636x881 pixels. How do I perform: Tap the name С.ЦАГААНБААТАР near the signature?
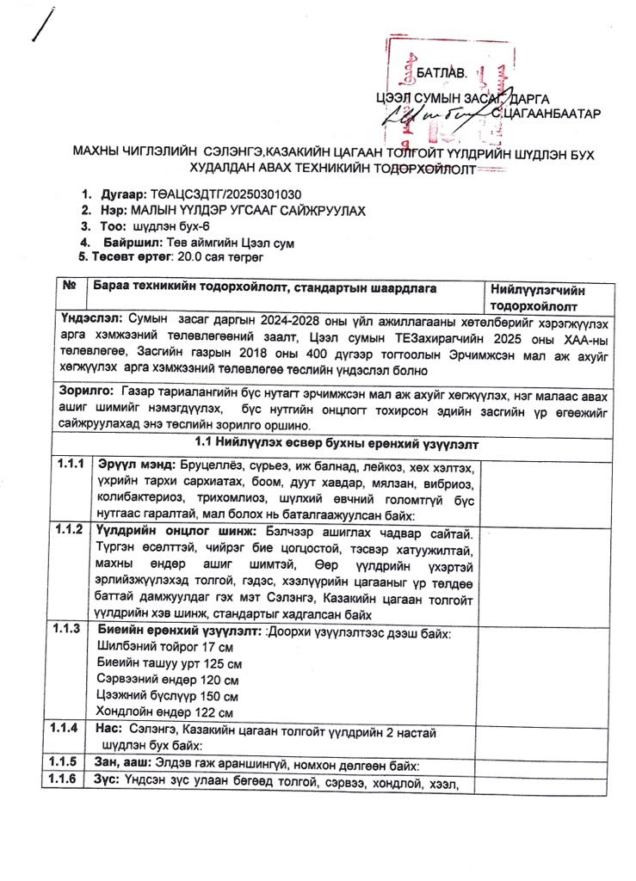click(x=547, y=112)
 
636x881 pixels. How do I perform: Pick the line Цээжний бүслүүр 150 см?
click(x=169, y=695)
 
